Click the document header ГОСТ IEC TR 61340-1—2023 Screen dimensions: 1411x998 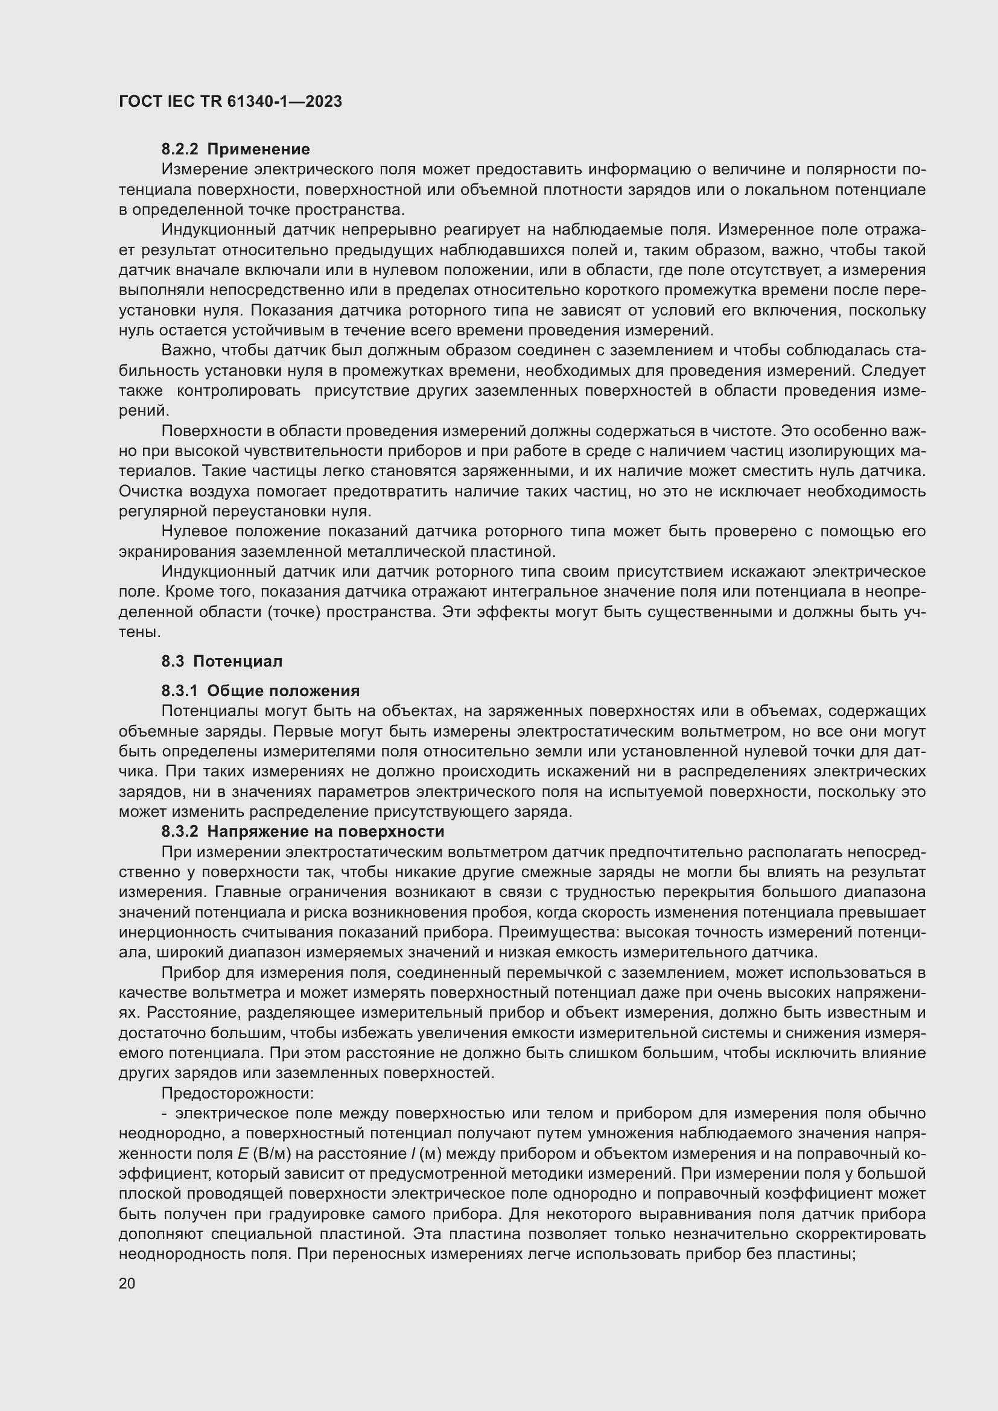230,101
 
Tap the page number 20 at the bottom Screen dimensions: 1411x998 127,1283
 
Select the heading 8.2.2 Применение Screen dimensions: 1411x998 235,150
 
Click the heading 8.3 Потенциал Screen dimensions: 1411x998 222,661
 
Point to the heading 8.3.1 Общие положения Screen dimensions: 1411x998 260,691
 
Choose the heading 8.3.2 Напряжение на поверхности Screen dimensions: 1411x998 302,831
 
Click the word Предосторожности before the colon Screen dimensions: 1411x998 236,1093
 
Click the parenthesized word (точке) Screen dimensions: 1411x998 294,612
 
